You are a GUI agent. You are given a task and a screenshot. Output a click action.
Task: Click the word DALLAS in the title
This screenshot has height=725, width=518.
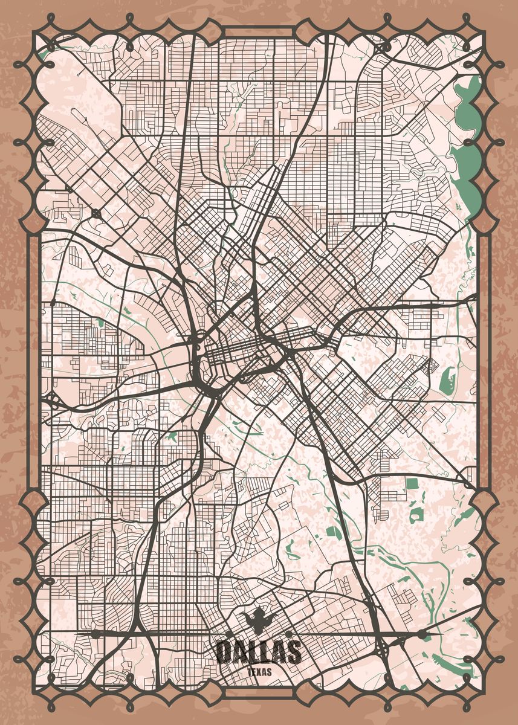point(259,651)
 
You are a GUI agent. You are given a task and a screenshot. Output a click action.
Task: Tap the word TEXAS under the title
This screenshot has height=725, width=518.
point(259,671)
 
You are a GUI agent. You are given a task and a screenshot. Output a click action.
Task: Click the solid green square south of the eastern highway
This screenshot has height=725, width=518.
point(412,483)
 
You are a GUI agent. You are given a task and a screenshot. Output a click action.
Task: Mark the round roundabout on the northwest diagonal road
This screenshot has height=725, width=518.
point(97,213)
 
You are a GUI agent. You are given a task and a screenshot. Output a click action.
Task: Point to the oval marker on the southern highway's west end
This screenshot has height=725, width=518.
point(95,633)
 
